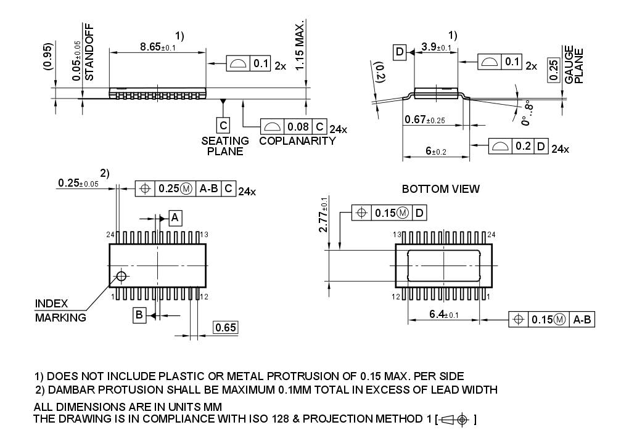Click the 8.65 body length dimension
coord(158,47)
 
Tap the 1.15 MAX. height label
coord(300,46)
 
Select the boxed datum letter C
coord(223,126)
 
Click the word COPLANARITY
coord(297,141)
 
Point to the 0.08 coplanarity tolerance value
coord(298,127)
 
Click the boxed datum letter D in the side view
coord(400,52)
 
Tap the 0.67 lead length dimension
coord(425,120)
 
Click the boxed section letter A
coord(175,217)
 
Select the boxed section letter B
coord(139,315)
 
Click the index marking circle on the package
coord(121,275)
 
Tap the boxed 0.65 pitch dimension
coord(226,328)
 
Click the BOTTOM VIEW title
coord(440,189)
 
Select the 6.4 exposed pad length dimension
coord(443,315)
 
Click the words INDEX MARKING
coord(60,310)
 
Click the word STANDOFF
coord(89,52)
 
